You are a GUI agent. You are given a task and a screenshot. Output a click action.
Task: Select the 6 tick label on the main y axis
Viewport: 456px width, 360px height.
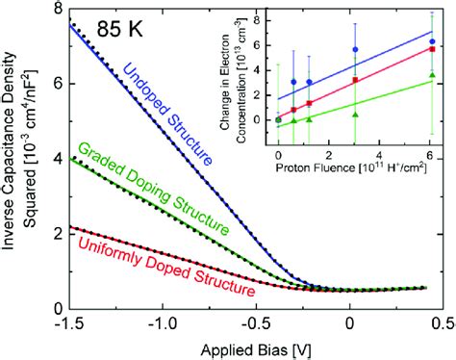pos(55,84)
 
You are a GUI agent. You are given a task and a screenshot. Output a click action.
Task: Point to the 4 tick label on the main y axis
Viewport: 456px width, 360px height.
pos(55,158)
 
